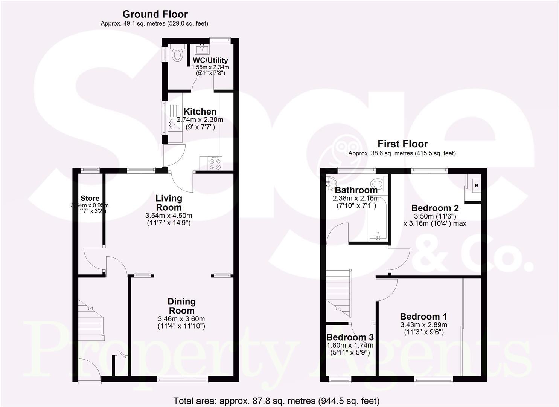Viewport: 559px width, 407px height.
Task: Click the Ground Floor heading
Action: pyautogui.click(x=155, y=14)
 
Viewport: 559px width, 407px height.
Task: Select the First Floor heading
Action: pyautogui.click(x=402, y=144)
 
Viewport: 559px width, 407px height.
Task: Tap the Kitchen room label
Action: pyautogui.click(x=200, y=112)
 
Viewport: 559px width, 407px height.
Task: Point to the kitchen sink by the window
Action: pyautogui.click(x=174, y=122)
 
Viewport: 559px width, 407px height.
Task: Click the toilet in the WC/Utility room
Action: pyautogui.click(x=176, y=54)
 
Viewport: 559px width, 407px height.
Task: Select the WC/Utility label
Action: pyautogui.click(x=210, y=60)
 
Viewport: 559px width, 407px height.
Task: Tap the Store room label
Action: pyautogui.click(x=90, y=198)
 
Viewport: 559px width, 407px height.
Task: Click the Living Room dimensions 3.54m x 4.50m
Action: pyautogui.click(x=169, y=216)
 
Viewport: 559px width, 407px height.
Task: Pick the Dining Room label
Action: pyautogui.click(x=181, y=306)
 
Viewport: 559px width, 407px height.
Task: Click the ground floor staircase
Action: pyautogui.click(x=91, y=318)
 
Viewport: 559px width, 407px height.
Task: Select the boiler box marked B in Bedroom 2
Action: pyautogui.click(x=476, y=185)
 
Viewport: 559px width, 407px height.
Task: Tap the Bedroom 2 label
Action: pyautogui.click(x=435, y=208)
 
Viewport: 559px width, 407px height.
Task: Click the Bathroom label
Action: pyautogui.click(x=356, y=190)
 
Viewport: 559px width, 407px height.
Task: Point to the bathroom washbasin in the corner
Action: pyautogui.click(x=330, y=183)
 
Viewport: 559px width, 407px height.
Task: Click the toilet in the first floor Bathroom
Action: pyautogui.click(x=377, y=184)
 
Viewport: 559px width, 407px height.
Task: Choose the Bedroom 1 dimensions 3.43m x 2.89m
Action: pyautogui.click(x=423, y=325)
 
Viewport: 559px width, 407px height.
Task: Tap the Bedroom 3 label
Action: pyautogui.click(x=350, y=337)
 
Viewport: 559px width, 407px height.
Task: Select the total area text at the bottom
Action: pyautogui.click(x=276, y=401)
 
